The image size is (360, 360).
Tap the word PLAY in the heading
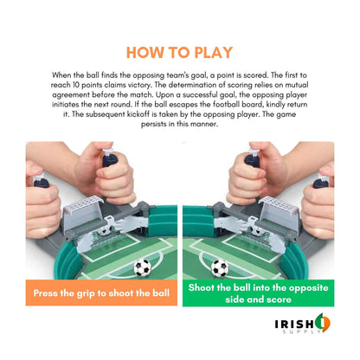[x=215, y=50]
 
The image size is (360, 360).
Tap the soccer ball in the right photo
[x=220, y=267]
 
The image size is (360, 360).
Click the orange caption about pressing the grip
[x=101, y=292]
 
